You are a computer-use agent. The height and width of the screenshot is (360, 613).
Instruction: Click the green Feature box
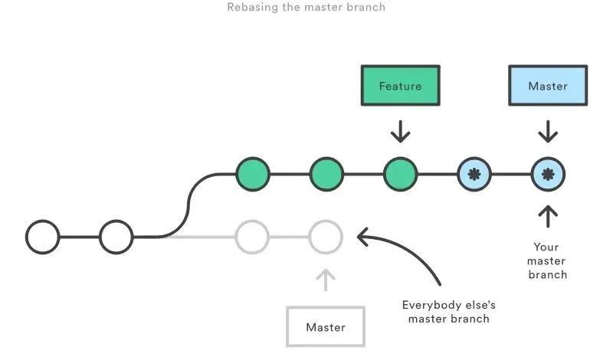pos(400,85)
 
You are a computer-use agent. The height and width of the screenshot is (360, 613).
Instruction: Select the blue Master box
pos(547,85)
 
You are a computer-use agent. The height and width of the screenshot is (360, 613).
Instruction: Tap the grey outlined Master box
pos(326,326)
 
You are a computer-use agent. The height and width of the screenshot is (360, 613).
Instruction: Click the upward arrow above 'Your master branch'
pos(547,216)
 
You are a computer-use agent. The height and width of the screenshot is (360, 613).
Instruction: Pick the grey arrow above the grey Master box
pos(326,280)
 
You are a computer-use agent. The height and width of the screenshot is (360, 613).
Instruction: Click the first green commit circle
pos(253,174)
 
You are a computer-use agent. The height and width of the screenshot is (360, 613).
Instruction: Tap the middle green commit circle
pos(326,174)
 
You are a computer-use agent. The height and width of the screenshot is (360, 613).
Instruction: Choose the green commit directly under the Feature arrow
pos(400,174)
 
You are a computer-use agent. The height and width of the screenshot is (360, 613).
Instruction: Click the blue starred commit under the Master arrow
pos(547,174)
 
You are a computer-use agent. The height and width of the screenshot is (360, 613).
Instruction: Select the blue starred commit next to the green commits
pos(474,174)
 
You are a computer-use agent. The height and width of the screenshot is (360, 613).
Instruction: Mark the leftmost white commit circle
pos(42,237)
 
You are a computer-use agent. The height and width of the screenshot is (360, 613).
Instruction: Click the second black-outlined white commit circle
pos(116,237)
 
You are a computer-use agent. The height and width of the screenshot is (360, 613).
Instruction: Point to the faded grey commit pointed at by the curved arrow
pos(326,237)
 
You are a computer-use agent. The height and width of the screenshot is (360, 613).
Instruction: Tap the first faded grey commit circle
pos(252,237)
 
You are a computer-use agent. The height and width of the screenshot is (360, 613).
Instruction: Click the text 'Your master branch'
pos(547,260)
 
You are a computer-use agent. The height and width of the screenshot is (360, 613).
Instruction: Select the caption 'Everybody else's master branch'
pos(448,311)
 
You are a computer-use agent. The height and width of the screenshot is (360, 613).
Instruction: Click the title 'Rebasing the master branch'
pos(306,8)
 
